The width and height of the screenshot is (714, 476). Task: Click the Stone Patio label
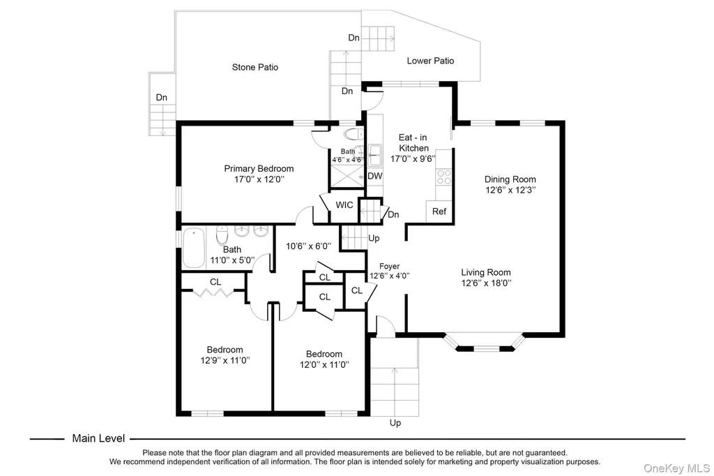coord(255,67)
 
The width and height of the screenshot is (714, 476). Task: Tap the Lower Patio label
coord(430,61)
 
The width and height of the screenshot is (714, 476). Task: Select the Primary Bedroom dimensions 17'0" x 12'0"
coord(259,179)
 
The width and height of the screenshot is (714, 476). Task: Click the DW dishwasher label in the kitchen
coord(374,176)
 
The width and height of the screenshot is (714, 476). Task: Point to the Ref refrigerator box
coord(439,211)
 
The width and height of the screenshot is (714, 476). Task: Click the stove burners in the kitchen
coord(444,177)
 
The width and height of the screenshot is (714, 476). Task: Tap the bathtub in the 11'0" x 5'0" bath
coord(194,248)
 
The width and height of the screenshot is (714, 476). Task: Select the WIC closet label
coord(344,205)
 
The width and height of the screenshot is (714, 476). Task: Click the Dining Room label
coord(510,179)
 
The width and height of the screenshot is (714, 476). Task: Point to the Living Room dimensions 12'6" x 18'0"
coord(486,283)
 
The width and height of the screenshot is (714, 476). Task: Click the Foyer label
coord(389,267)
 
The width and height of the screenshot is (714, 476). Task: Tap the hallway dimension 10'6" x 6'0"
coord(308,246)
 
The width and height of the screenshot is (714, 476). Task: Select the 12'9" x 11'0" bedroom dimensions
coord(225,360)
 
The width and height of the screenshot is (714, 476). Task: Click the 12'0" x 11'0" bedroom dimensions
coord(324,364)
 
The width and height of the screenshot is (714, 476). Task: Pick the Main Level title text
coord(98,438)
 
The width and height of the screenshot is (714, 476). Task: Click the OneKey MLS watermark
coord(676,468)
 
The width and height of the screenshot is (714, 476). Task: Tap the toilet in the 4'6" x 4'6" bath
coord(354,134)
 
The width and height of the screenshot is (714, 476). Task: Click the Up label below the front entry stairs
coord(395,423)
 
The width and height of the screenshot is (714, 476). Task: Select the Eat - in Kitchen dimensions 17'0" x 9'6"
coord(413,158)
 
